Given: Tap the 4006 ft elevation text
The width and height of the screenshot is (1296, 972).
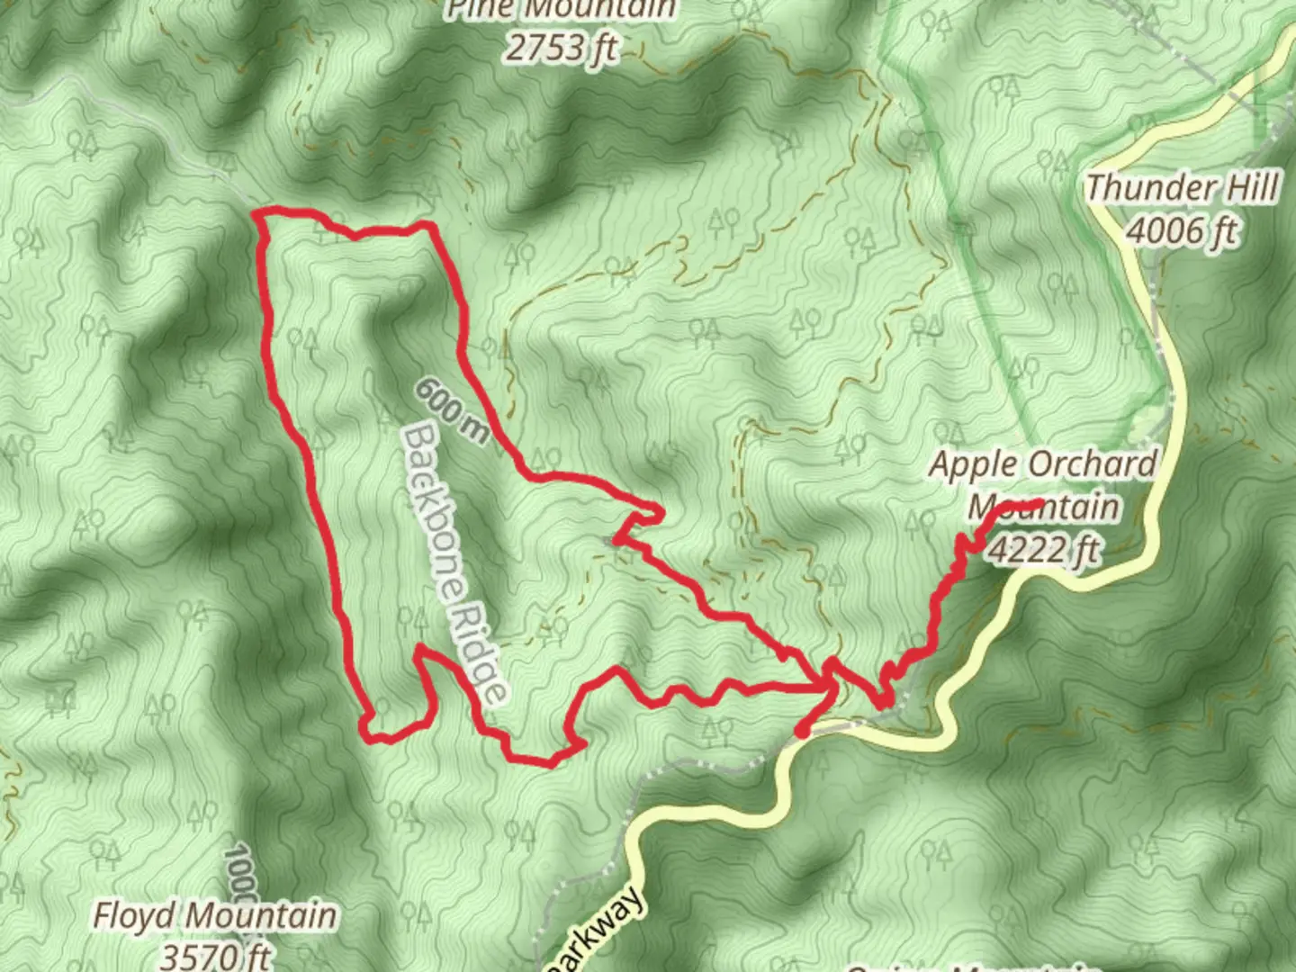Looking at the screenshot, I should point(1182,232).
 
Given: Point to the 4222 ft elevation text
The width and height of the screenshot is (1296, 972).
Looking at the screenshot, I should point(1044,548).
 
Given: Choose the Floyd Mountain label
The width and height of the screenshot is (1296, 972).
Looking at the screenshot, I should point(216,916).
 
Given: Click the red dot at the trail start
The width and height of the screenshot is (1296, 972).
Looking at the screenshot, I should point(801,732).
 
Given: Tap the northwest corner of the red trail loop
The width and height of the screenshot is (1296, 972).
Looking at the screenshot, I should point(260,214).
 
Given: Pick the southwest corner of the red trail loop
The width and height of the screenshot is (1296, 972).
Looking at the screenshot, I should point(369,733).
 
